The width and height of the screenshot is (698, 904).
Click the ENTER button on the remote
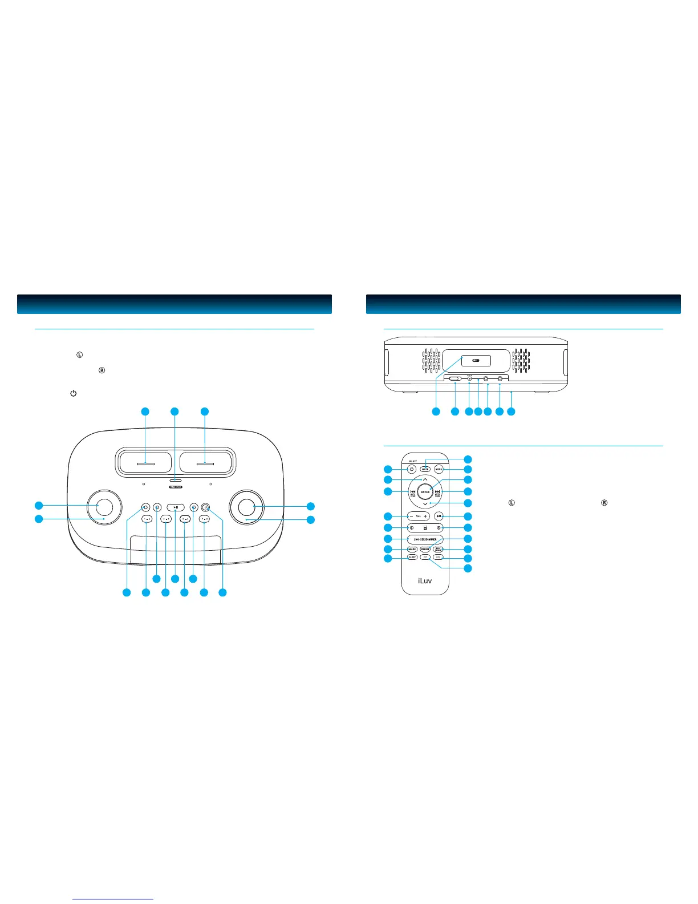tap(425, 492)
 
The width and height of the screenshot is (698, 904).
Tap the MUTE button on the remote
tap(425, 469)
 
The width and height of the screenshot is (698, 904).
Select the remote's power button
tap(411, 469)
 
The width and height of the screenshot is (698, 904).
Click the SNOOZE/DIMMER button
tap(425, 539)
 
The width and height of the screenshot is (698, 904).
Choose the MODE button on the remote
tap(412, 549)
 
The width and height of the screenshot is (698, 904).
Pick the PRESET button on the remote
tap(425, 549)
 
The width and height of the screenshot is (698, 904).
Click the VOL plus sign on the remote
tap(425, 516)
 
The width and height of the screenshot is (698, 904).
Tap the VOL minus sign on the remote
tap(411, 516)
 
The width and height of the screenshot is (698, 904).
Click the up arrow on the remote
tap(425, 479)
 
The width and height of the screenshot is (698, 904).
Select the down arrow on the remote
tap(425, 504)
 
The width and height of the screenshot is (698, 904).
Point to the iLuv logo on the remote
tap(425, 581)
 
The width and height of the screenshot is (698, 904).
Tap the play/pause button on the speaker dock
tap(176, 507)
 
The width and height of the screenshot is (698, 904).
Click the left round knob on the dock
tap(104, 506)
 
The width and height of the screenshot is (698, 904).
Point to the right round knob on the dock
tap(246, 506)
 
